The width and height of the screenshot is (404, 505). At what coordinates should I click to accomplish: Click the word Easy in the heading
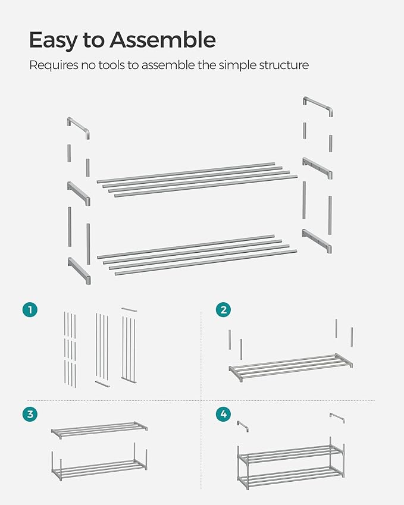click(54, 40)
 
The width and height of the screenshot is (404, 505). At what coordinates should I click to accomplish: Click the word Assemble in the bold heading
click(162, 40)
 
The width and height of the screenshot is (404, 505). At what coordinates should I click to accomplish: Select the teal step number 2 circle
click(223, 309)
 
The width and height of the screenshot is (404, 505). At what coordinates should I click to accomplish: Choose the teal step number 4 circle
click(223, 414)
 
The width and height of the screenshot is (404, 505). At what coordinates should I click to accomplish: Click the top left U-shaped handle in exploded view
click(78, 127)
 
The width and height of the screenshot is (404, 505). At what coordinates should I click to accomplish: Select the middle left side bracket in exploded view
click(79, 193)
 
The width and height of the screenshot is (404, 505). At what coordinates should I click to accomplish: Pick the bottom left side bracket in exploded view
click(79, 271)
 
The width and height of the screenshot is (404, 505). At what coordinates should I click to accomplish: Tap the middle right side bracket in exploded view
click(317, 168)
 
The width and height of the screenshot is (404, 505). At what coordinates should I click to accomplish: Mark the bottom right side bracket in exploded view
click(317, 240)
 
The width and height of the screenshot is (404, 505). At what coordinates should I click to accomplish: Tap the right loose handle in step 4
click(337, 418)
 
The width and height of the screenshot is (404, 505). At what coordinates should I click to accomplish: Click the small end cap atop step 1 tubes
click(129, 309)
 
